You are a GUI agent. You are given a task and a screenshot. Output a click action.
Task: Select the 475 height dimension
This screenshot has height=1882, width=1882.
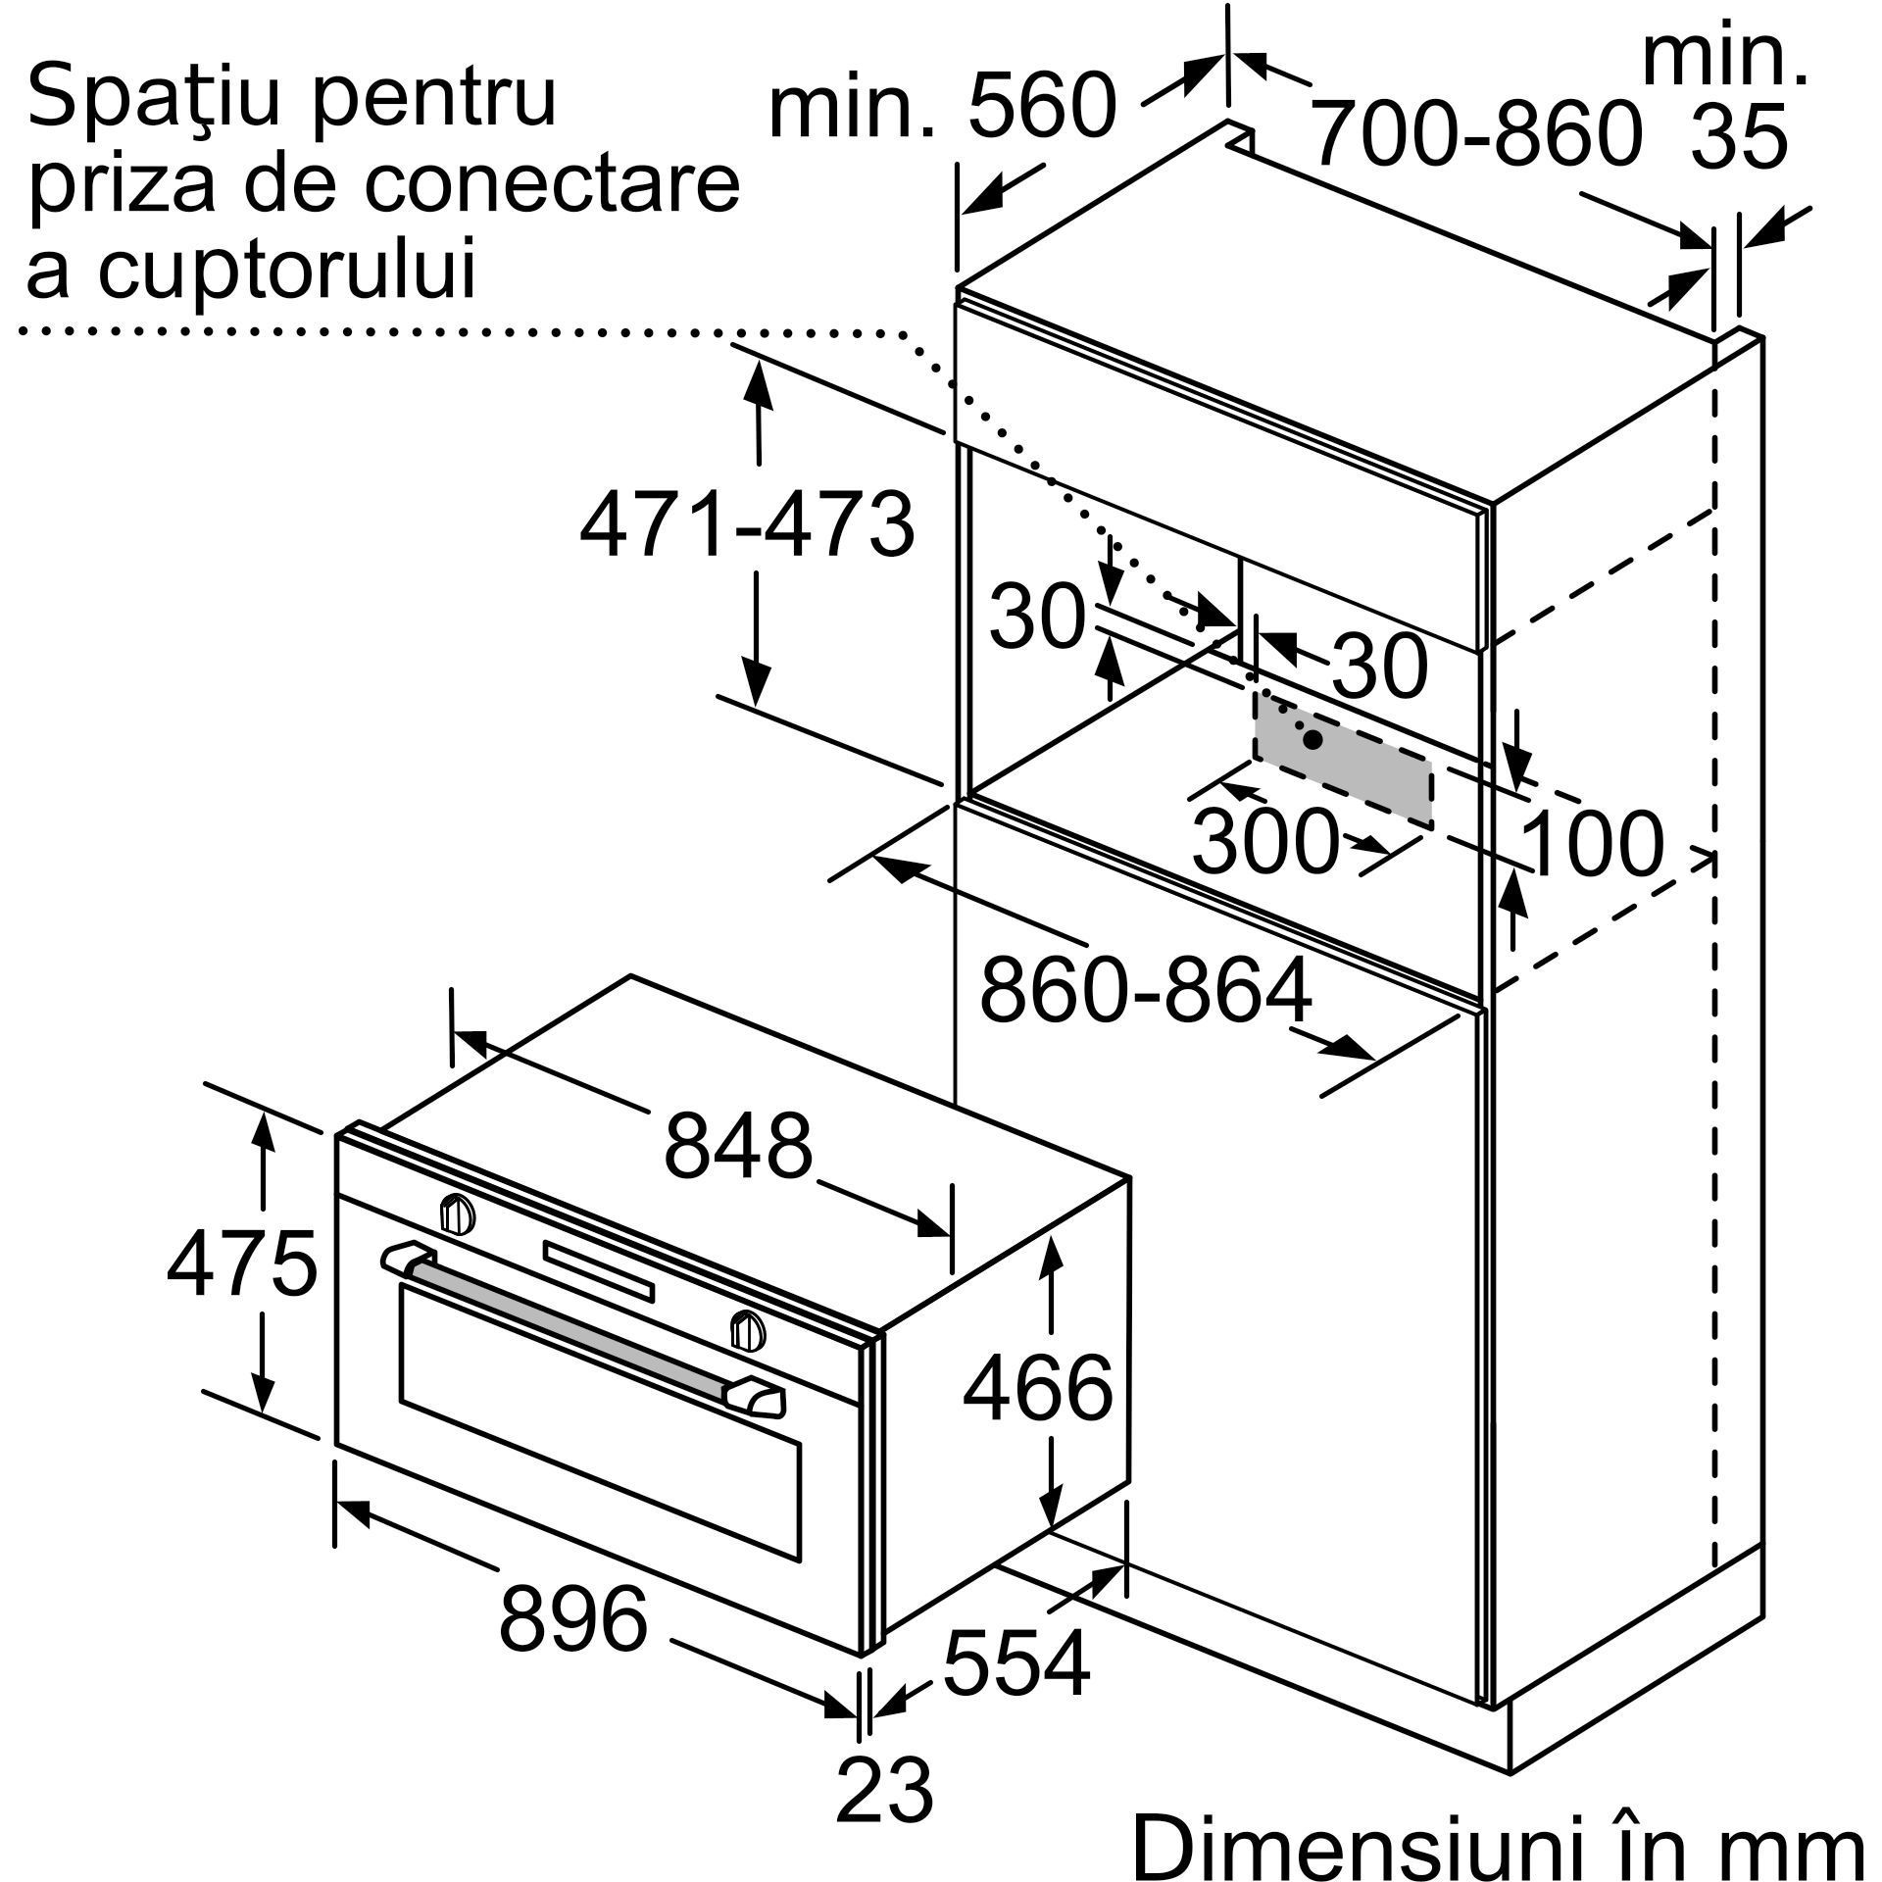tap(242, 1263)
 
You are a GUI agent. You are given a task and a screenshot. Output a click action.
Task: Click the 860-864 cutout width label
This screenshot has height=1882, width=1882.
tap(1145, 991)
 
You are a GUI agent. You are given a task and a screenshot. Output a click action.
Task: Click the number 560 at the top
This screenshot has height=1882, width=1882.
tap(1043, 107)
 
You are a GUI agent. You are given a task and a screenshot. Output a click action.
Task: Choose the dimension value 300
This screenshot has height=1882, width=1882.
tap(1264, 841)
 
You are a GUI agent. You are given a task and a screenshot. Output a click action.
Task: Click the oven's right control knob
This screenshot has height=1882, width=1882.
tap(747, 1328)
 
